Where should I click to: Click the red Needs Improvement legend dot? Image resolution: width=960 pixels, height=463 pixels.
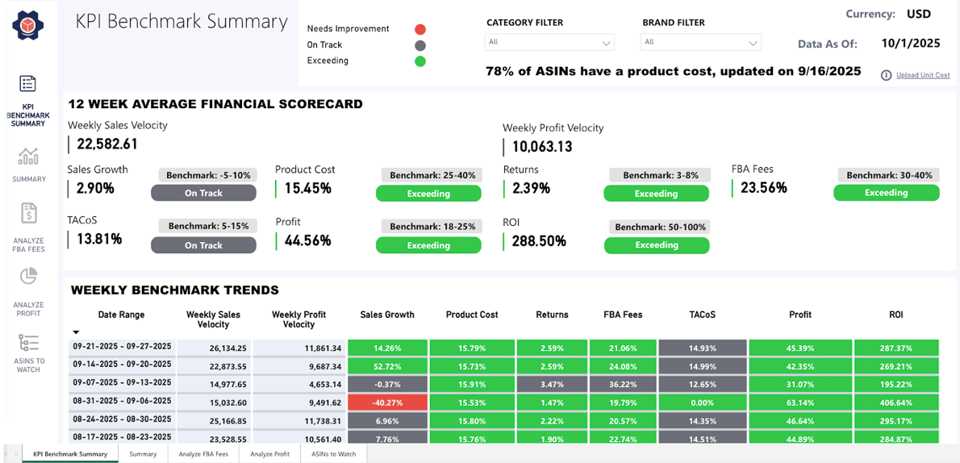pyautogui.click(x=419, y=29)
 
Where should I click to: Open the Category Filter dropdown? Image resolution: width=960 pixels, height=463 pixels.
pyautogui.click(x=549, y=42)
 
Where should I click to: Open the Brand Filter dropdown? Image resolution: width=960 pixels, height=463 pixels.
pyautogui.click(x=701, y=42)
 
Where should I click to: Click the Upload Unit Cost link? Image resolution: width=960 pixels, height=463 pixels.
pyautogui.click(x=922, y=75)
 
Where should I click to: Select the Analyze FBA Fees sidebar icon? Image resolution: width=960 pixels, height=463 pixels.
pyautogui.click(x=29, y=214)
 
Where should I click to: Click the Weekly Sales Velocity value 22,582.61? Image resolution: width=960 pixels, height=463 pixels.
pyautogui.click(x=107, y=144)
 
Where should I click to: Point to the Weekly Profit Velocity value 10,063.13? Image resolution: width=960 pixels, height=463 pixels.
pyautogui.click(x=542, y=146)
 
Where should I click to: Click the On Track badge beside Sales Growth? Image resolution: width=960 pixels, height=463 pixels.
pyautogui.click(x=203, y=193)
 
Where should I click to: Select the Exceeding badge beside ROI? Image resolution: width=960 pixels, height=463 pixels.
pyautogui.click(x=656, y=245)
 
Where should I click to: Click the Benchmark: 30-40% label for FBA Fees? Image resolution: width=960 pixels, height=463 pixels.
pyautogui.click(x=887, y=175)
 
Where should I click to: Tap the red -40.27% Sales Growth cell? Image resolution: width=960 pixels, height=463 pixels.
pyautogui.click(x=387, y=401)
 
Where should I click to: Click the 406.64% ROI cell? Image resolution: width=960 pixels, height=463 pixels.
pyautogui.click(x=896, y=401)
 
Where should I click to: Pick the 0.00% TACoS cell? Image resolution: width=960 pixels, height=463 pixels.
pyautogui.click(x=702, y=401)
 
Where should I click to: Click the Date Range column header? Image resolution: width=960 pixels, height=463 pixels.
pyautogui.click(x=121, y=315)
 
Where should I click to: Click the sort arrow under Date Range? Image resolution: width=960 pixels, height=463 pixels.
pyautogui.click(x=77, y=332)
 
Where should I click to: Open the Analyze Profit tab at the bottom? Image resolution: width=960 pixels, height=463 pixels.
pyautogui.click(x=269, y=454)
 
